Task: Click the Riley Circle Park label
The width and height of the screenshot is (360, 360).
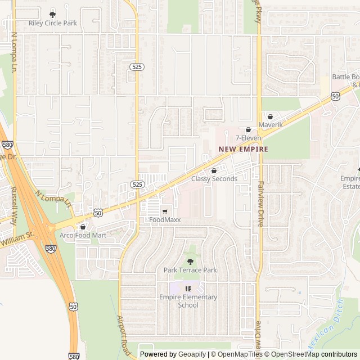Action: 53,23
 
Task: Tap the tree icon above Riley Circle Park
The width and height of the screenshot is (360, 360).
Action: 53,14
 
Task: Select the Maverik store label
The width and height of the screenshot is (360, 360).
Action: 270,124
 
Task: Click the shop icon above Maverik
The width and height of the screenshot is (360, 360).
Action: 270,116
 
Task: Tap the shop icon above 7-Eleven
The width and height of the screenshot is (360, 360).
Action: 248,129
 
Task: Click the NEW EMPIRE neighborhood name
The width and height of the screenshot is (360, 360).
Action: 244,149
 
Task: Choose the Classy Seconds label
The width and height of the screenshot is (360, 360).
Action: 214,179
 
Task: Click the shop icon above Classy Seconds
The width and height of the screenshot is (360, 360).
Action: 214,170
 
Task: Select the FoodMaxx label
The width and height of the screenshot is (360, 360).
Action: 165,220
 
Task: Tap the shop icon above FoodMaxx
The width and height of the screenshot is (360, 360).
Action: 165,211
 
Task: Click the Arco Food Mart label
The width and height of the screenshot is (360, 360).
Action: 83,235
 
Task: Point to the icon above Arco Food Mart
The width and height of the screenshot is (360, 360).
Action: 83,227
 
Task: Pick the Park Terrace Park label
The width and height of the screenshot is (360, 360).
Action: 190,270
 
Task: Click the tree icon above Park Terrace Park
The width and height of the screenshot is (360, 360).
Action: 190,262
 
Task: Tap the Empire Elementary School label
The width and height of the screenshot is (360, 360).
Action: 188,301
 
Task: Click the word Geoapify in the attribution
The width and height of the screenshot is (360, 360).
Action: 192,354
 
